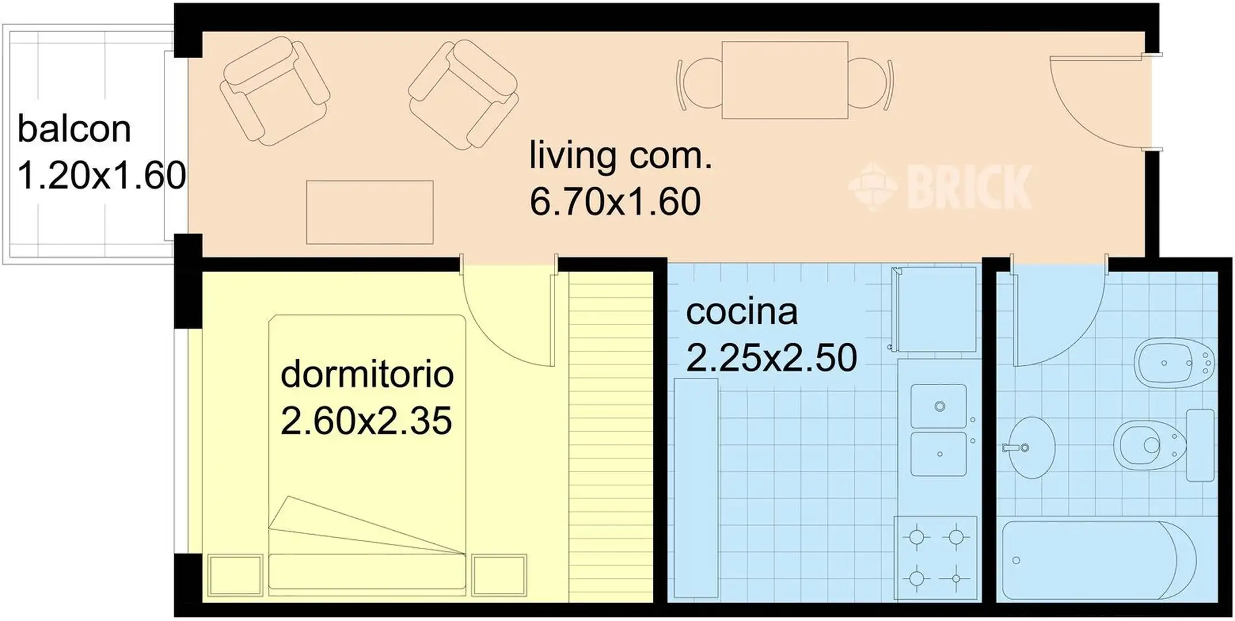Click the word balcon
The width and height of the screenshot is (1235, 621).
(74, 129)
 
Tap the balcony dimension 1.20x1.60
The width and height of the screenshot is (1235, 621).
(102, 175)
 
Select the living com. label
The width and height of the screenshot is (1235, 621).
(621, 155)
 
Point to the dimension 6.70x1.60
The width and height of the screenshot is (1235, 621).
(615, 201)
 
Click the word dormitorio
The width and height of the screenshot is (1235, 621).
(367, 374)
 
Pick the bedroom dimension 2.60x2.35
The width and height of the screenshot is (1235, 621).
(366, 421)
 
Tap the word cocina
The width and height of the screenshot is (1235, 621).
(742, 312)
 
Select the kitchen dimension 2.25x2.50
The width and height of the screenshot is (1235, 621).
(772, 358)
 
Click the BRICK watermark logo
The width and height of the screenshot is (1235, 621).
(940, 187)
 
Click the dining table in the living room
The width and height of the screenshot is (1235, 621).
(785, 80)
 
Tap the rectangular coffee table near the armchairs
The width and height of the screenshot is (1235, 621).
(370, 212)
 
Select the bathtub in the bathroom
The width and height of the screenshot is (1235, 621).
(1099, 561)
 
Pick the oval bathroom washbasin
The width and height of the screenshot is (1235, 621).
(1032, 447)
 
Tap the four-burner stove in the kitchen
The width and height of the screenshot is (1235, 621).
(936, 558)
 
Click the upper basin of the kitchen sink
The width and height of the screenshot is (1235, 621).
(938, 407)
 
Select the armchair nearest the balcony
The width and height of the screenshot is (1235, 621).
(274, 91)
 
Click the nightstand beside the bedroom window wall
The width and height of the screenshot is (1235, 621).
(235, 575)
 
